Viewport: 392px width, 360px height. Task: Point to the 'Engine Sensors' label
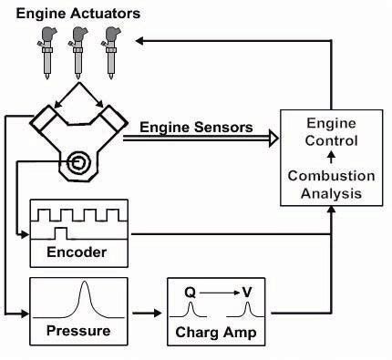tap(197, 127)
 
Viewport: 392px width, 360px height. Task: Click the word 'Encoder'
tap(77, 252)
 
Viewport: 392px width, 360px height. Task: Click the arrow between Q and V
tap(219, 292)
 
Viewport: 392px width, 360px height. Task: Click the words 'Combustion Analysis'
tap(326, 183)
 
